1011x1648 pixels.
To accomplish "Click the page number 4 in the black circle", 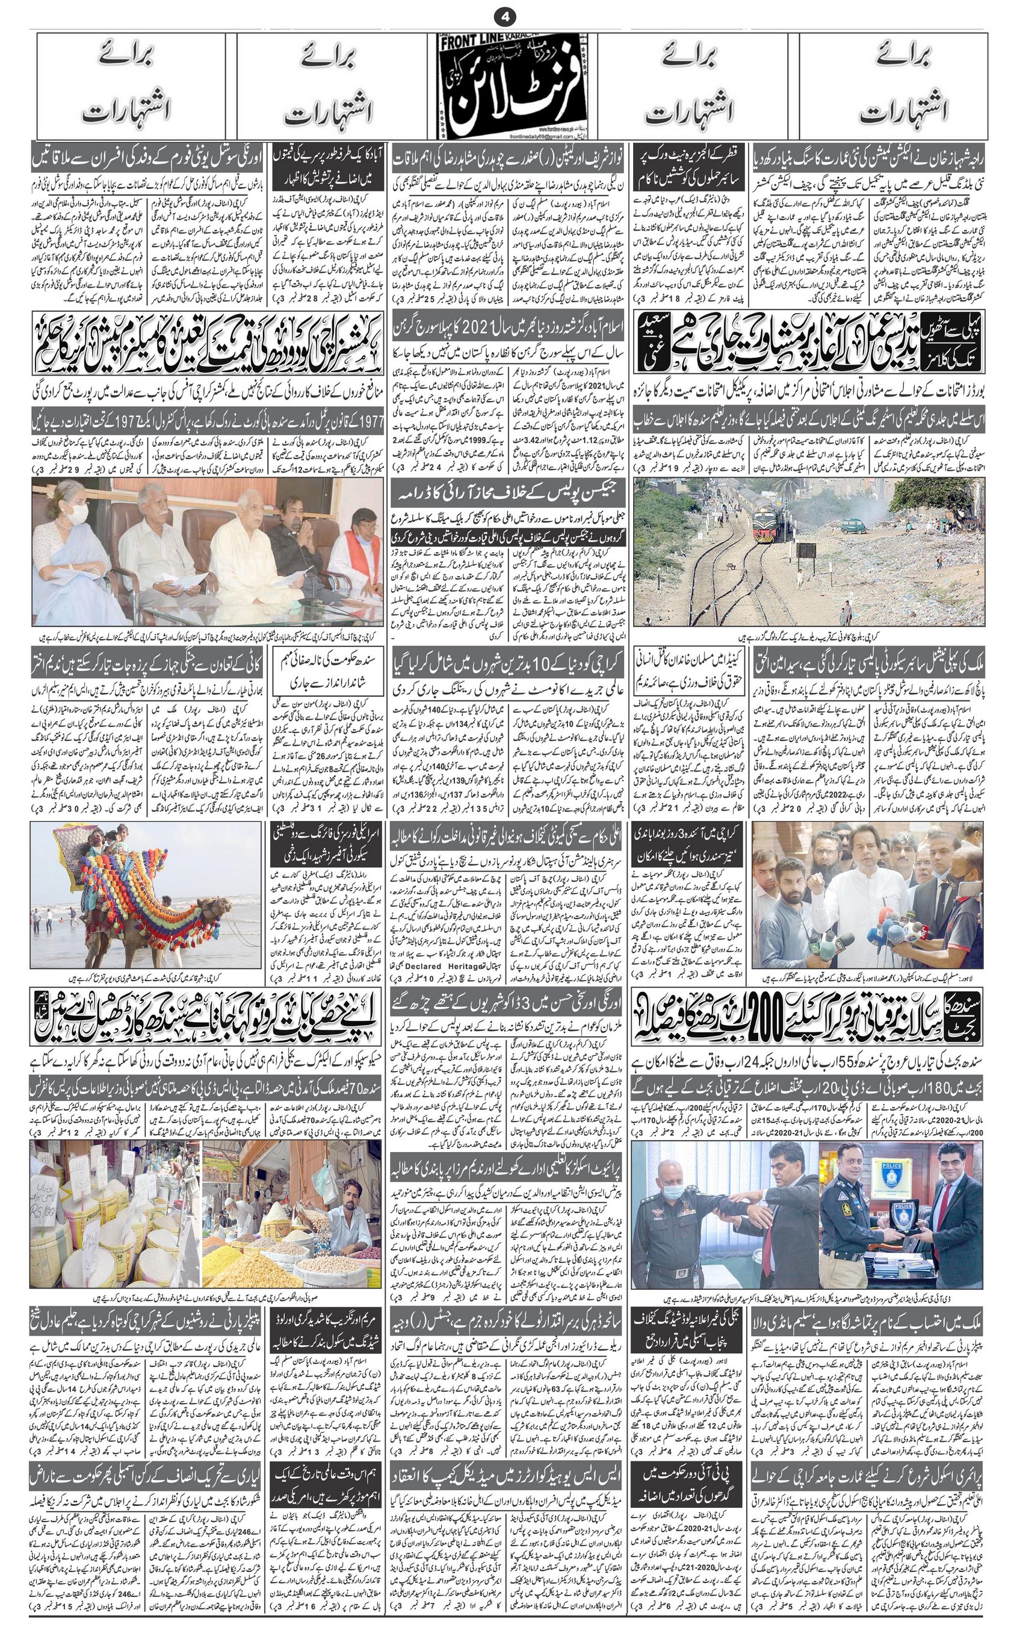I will click(504, 14).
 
